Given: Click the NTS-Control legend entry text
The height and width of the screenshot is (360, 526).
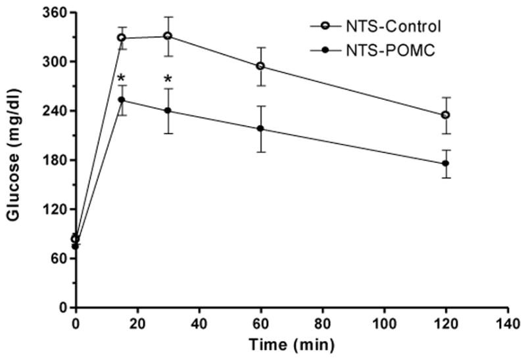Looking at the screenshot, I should [x=394, y=27].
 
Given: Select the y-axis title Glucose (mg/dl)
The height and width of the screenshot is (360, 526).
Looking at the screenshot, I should [x=14, y=158].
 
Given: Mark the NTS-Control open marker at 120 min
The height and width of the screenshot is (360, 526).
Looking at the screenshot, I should [x=445, y=115].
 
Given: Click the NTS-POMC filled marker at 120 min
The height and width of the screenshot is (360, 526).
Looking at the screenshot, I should [x=445, y=164].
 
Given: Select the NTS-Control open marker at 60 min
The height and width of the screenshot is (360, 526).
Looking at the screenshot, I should [x=260, y=66].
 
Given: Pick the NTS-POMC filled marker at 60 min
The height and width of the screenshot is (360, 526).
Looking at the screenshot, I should [x=260, y=129].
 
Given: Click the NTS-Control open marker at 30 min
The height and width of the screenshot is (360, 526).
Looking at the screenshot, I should [x=168, y=35].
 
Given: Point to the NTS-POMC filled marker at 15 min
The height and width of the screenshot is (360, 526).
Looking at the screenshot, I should [x=122, y=100].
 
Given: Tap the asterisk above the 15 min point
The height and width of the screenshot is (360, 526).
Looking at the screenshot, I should [x=122, y=80].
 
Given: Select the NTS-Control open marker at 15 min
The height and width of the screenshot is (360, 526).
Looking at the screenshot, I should [x=122, y=38].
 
